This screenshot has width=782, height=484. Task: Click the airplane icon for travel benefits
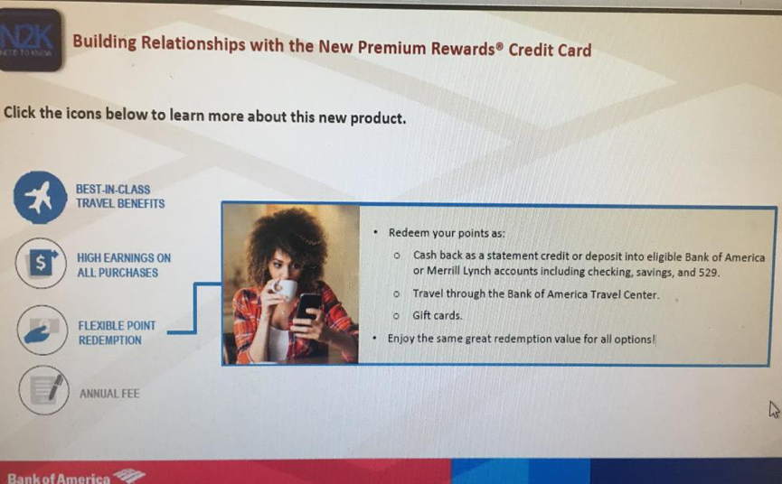40,197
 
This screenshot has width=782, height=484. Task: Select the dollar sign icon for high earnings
41,263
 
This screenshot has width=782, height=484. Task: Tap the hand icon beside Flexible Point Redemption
42,330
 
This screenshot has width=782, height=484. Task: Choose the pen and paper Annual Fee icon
44,390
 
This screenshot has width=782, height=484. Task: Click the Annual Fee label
109,394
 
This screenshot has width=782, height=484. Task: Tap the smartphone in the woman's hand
308,307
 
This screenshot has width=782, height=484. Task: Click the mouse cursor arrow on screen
774,410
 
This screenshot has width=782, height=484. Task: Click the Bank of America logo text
59,479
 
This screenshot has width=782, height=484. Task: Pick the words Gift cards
438,316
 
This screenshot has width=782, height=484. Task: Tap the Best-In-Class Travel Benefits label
120,196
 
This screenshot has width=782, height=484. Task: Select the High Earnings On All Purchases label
124,265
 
